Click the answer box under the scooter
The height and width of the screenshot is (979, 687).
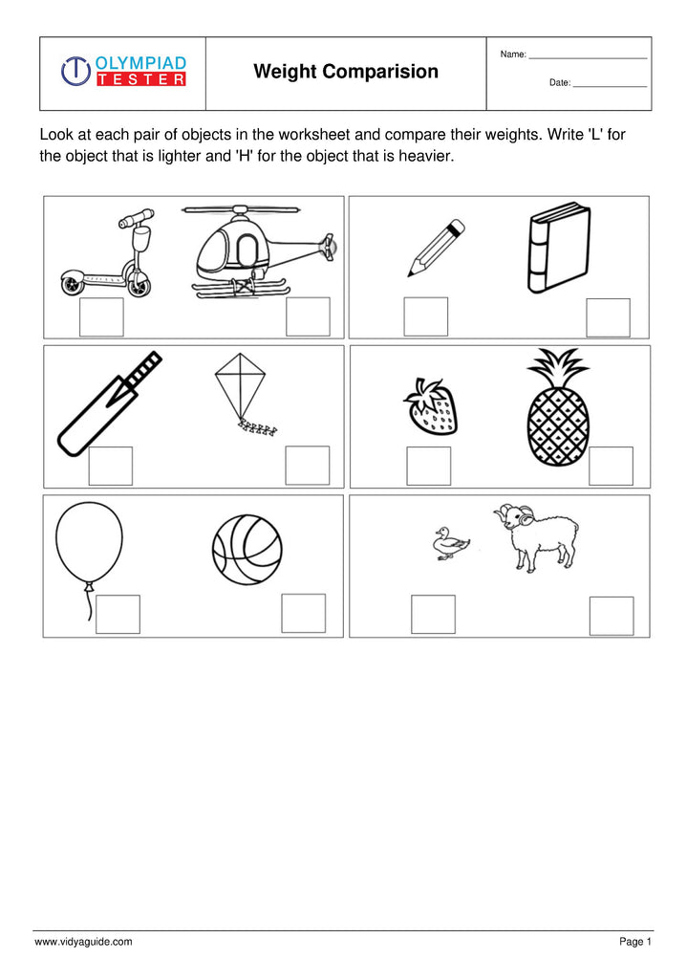[x=101, y=317]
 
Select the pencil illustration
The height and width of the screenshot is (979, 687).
[x=436, y=248]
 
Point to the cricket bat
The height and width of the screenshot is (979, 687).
[x=107, y=404]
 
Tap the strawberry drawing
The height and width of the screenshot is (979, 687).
[x=431, y=407]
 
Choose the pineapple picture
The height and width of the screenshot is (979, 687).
[x=558, y=409]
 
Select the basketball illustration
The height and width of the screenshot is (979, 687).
[x=247, y=550]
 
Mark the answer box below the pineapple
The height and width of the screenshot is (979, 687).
[x=611, y=466]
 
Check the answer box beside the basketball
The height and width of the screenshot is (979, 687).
[x=303, y=613]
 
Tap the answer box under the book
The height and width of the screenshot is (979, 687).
[x=608, y=317]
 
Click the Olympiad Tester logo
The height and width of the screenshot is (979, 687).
[x=123, y=72]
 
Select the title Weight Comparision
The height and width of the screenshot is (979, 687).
[x=346, y=72]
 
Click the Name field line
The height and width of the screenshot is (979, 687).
[x=588, y=58]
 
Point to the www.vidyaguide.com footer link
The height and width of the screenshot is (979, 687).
[x=83, y=942]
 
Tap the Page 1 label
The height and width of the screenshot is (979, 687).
[x=634, y=942]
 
